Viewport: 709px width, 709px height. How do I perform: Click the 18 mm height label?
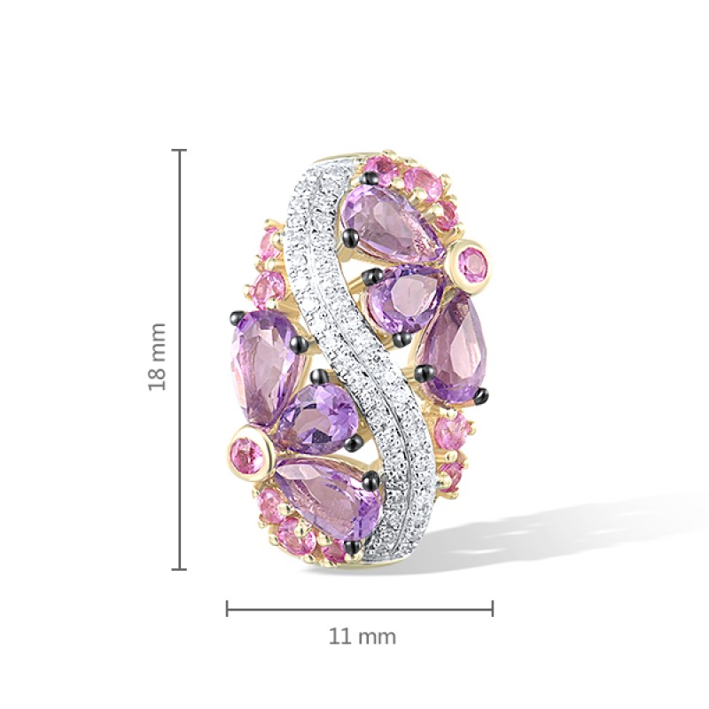point(158,357)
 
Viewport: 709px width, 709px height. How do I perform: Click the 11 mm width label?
point(362,636)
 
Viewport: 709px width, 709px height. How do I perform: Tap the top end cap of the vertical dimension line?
point(180,150)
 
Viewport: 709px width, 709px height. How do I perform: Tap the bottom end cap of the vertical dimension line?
point(180,569)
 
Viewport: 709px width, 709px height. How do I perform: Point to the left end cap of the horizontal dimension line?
point(227,608)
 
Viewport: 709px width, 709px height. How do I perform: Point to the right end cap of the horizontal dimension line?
point(493,608)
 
